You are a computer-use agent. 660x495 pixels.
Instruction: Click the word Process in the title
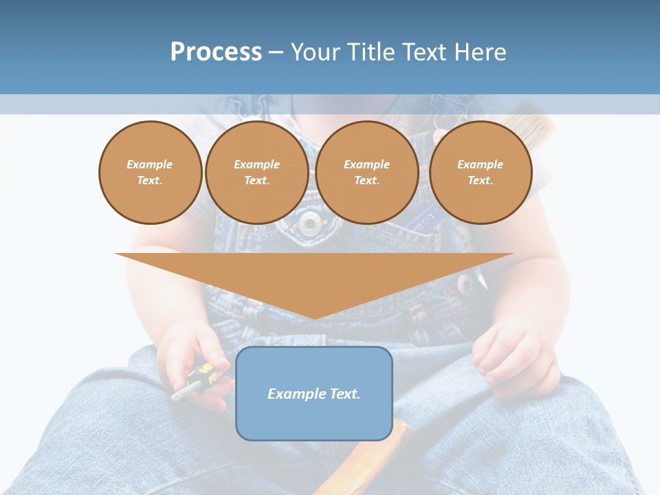pyautogui.click(x=216, y=52)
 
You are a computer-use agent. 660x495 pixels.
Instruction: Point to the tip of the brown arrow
pyautogui.click(x=314, y=316)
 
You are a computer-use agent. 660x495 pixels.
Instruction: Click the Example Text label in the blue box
pyautogui.click(x=313, y=394)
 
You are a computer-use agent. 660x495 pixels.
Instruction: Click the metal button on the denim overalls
pyautogui.click(x=309, y=222)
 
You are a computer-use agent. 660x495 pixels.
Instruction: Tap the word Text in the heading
pyautogui.click(x=426, y=52)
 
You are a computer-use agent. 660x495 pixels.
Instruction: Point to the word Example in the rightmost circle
pyautogui.click(x=480, y=164)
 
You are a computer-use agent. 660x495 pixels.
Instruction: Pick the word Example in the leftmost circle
pyautogui.click(x=150, y=164)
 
